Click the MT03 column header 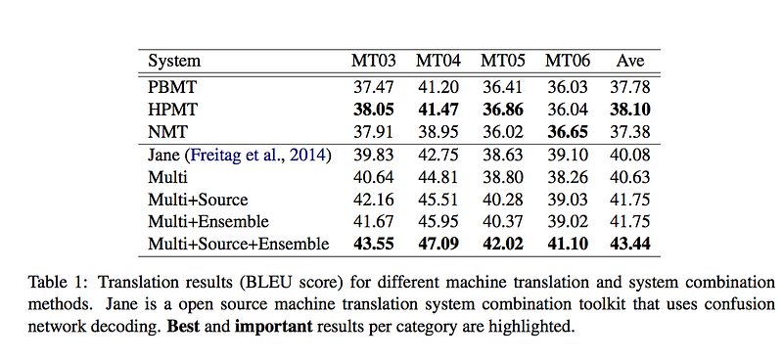pyautogui.click(x=374, y=61)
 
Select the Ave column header pyautogui.click(x=630, y=61)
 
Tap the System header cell pyautogui.click(x=174, y=62)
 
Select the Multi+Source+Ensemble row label pyautogui.click(x=239, y=244)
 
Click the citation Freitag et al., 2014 pyautogui.click(x=258, y=155)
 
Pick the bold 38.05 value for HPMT pyautogui.click(x=374, y=110)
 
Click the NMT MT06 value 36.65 pyautogui.click(x=568, y=132)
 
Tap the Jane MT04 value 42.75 pyautogui.click(x=438, y=155)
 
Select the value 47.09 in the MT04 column pyautogui.click(x=438, y=244)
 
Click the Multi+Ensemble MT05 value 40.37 pyautogui.click(x=503, y=221)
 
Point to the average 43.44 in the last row pyautogui.click(x=630, y=244)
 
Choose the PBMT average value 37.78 pyautogui.click(x=630, y=87)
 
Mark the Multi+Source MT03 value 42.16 pyautogui.click(x=374, y=200)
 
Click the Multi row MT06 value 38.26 pyautogui.click(x=568, y=177)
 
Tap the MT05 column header pyautogui.click(x=503, y=61)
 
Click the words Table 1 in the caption pyautogui.click(x=59, y=283)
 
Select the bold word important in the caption pyautogui.click(x=274, y=327)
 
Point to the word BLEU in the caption pyautogui.click(x=263, y=283)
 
